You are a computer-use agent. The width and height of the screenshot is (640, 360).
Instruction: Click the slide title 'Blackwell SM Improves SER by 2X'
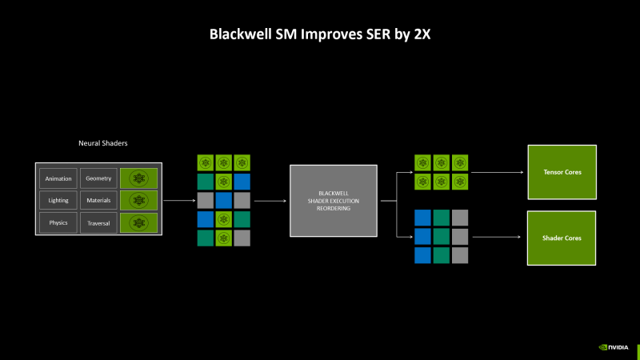tap(320, 34)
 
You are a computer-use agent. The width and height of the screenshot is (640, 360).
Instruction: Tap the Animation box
tap(58, 178)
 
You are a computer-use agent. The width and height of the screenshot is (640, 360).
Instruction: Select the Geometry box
tap(98, 178)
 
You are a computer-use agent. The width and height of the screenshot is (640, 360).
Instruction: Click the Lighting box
tap(58, 200)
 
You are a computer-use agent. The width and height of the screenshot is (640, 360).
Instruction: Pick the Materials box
tap(98, 200)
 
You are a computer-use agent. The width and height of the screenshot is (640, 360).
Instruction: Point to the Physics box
tap(58, 222)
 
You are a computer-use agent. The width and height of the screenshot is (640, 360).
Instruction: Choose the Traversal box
tap(98, 222)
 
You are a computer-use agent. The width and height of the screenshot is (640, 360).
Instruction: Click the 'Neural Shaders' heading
tap(102, 143)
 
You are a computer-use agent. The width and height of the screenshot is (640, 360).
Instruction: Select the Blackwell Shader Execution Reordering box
tap(333, 200)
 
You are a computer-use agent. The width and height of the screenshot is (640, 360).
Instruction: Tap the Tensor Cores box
tap(561, 172)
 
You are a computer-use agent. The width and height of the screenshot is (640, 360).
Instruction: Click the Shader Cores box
tap(561, 238)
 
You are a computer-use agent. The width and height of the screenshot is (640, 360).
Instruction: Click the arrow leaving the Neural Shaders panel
tap(179, 201)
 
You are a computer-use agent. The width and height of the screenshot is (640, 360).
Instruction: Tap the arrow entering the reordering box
tap(270, 201)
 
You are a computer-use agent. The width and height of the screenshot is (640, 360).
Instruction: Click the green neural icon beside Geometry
tap(138, 178)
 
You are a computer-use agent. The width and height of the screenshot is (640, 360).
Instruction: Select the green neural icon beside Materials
tap(138, 200)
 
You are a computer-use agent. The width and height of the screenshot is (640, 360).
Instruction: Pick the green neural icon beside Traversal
tap(138, 222)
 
